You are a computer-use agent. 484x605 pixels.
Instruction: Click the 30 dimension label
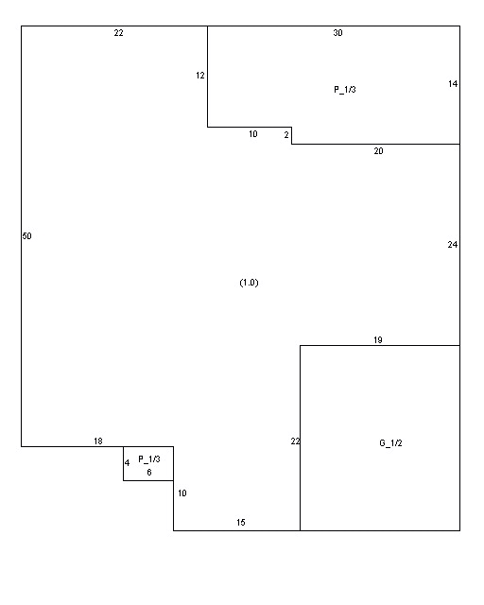point(337,33)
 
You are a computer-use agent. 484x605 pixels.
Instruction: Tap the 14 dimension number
point(453,84)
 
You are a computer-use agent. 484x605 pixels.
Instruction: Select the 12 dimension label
point(199,76)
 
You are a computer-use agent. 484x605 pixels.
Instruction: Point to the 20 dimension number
point(378,151)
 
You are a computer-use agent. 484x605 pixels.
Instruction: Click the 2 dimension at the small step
point(286,135)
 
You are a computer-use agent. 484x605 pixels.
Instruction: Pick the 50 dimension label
point(26,236)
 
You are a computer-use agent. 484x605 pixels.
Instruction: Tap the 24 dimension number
point(453,245)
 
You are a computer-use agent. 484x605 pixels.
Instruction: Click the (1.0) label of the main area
point(249,283)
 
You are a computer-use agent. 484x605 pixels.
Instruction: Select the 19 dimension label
point(378,340)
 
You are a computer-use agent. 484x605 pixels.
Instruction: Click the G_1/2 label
point(390,443)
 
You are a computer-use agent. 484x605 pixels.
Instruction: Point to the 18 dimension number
point(98,441)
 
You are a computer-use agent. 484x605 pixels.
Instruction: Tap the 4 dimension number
point(127,462)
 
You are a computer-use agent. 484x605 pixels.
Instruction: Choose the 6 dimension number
point(149,473)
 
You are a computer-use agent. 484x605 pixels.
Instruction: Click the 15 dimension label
point(240,523)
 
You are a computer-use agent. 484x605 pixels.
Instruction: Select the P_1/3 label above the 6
point(149,459)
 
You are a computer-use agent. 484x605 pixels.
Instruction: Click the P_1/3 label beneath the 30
point(345,90)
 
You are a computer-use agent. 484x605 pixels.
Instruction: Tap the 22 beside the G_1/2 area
point(295,441)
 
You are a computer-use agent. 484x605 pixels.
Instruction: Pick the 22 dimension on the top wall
point(118,33)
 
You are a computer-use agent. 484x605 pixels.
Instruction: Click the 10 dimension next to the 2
point(252,134)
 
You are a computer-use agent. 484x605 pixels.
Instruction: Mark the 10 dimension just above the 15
point(182,493)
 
